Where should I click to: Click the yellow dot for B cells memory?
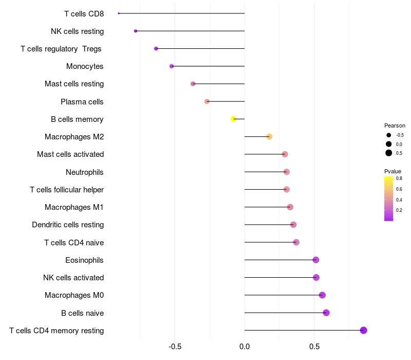click(x=234, y=119)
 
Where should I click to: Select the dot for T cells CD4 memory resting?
click(x=364, y=330)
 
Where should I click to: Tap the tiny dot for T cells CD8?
click(x=119, y=13)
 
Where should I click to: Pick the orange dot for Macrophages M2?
click(x=269, y=137)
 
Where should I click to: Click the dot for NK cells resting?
click(x=136, y=31)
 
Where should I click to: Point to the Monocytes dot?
click(x=172, y=66)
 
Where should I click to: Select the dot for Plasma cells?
click(x=207, y=101)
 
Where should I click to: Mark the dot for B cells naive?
click(x=326, y=313)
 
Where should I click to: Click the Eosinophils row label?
click(x=84, y=260)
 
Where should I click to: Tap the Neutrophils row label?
click(x=85, y=172)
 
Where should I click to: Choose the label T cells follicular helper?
click(x=67, y=190)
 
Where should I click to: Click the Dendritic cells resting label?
click(x=68, y=225)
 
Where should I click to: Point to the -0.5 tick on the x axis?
click(x=175, y=347)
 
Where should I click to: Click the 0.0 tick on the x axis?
click(x=245, y=347)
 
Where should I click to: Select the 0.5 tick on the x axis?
click(x=314, y=347)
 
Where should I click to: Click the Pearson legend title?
click(x=395, y=125)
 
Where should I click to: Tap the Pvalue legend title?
click(x=393, y=171)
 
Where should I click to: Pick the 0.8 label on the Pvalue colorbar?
click(x=399, y=178)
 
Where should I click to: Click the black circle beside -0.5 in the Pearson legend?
click(x=389, y=135)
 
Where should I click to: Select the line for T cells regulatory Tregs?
click(x=200, y=48)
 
